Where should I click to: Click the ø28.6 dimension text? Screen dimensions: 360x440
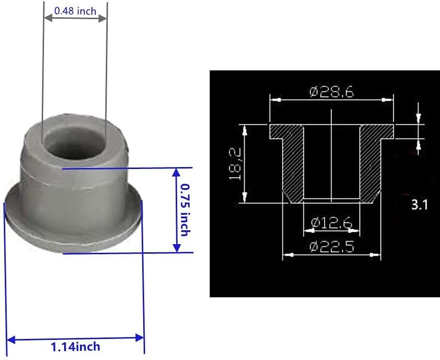[x=331, y=91]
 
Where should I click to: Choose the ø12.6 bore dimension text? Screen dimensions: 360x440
[x=331, y=223]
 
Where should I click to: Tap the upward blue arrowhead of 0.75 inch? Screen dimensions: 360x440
[x=177, y=172]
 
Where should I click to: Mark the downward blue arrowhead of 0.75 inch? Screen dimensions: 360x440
[x=177, y=248]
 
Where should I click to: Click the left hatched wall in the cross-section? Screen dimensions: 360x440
[x=293, y=163]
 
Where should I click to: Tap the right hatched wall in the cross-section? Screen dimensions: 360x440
[x=369, y=163]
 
